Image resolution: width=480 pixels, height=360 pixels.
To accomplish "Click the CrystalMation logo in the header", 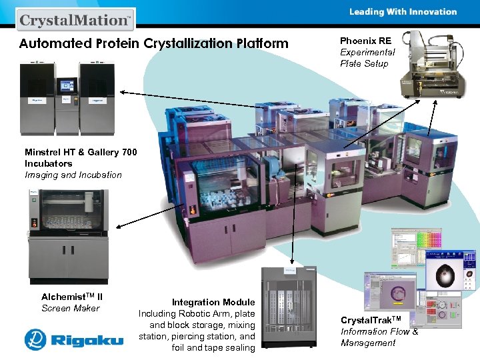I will [x=75, y=19].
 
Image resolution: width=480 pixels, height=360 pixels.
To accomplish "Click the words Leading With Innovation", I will [x=403, y=11].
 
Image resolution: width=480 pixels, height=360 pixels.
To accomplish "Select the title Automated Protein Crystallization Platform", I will [x=154, y=44].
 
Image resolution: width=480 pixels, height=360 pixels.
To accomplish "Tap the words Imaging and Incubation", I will [x=73, y=175].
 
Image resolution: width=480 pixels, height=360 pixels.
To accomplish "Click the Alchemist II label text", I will [x=72, y=297].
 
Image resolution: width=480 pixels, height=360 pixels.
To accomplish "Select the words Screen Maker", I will [x=70, y=308].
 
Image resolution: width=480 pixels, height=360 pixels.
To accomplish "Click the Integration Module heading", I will [x=213, y=302].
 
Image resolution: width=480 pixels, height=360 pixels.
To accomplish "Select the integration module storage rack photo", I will [x=289, y=307].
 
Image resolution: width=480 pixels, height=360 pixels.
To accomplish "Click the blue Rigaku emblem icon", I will [x=35, y=339].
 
